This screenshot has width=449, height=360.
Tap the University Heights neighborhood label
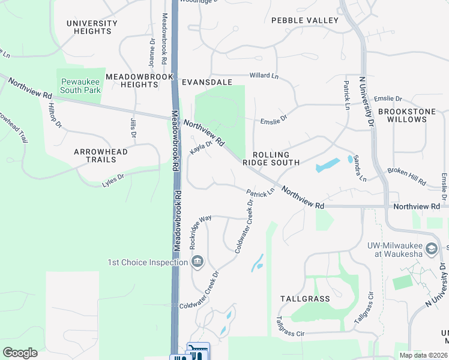pyautogui.click(x=92, y=28)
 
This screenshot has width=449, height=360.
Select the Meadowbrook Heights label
pyautogui.click(x=140, y=80)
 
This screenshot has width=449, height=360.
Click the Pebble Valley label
pyautogui.click(x=305, y=20)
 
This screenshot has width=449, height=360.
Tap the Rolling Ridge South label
pyautogui.click(x=271, y=158)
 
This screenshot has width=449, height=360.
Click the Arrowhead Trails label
pyautogui.click(x=101, y=156)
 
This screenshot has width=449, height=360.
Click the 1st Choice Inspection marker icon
pyautogui.click(x=197, y=262)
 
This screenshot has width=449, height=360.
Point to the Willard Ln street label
pyautogui.click(x=264, y=76)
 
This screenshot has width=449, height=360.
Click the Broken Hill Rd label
pyautogui.click(x=406, y=176)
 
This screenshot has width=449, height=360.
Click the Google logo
pyautogui.click(x=20, y=353)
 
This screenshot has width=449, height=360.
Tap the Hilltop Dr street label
pyautogui.click(x=54, y=115)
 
